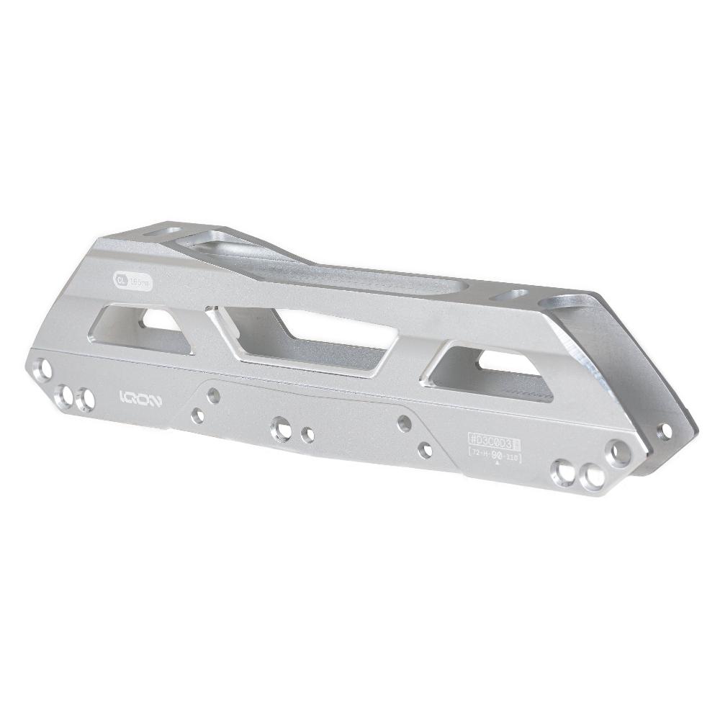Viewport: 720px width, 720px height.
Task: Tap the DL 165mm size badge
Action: click(x=132, y=281)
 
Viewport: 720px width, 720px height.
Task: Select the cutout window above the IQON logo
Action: click(x=144, y=328)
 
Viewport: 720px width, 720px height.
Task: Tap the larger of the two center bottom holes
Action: click(x=281, y=430)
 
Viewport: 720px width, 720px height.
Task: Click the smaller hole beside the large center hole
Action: click(x=307, y=435)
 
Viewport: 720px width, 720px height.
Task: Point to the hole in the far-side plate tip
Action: click(x=665, y=431)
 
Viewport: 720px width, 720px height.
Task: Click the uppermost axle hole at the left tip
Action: click(x=45, y=369)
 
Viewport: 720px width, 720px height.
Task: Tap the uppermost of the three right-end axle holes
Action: click(x=618, y=453)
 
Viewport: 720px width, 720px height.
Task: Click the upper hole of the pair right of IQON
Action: click(x=213, y=395)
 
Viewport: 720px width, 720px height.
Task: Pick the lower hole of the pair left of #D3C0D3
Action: click(x=426, y=451)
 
